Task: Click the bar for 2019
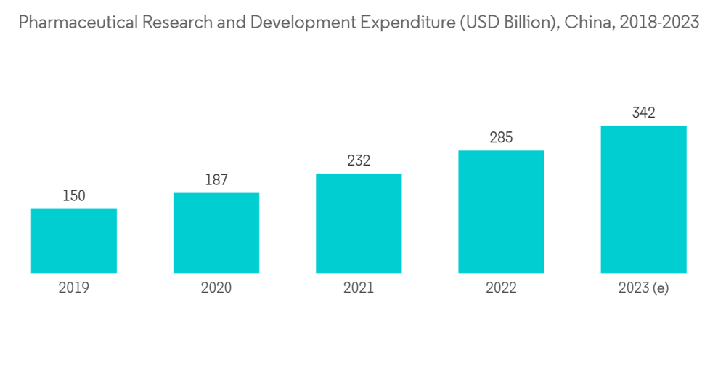(74, 241)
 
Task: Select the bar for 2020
(216, 233)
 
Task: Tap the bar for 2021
(359, 224)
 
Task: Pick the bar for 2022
(501, 212)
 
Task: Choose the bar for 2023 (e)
(643, 200)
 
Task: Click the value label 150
(74, 196)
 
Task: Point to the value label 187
(216, 180)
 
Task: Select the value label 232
(359, 161)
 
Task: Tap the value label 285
(501, 138)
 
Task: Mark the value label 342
(643, 113)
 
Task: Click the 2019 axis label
(74, 288)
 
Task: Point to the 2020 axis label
(216, 288)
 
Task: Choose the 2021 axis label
(359, 288)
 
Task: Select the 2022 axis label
(501, 288)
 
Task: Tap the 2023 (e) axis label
(643, 288)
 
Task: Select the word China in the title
(584, 23)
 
